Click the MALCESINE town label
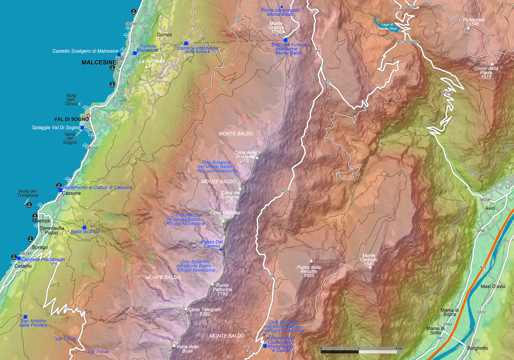pos(99,62)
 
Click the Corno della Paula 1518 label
pos(486,73)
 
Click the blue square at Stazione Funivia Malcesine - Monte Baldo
pos(285,40)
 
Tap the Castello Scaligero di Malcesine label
pos(85,51)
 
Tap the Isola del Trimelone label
pos(28,193)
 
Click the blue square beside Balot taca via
pos(85,228)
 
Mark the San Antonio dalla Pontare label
pos(33,323)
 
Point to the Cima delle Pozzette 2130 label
pos(245,156)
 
